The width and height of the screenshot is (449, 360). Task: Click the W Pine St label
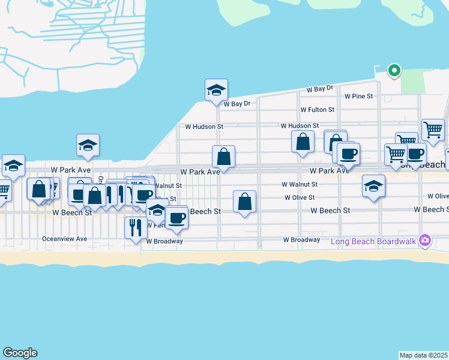coord(358,96)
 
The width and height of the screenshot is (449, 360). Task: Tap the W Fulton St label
coord(317,110)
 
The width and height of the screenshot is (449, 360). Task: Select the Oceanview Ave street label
coord(64,239)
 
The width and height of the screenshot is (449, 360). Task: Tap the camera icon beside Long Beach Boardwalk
coord(425,240)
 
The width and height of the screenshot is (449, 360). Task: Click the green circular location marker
coord(394,71)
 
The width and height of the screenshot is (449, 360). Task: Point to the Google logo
coord(20,353)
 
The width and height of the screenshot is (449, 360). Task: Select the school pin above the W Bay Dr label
coord(216,90)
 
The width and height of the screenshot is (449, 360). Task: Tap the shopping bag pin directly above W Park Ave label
coord(223,157)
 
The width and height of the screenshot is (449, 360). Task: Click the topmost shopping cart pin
coord(432,128)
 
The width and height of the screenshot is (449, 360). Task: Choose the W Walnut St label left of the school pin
coord(300,185)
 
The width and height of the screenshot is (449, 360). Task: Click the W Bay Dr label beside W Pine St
coord(319,89)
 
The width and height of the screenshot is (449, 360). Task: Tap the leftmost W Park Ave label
coord(70,170)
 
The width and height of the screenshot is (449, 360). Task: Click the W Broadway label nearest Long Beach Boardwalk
coord(301,240)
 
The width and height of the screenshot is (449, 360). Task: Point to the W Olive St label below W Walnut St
coord(301,197)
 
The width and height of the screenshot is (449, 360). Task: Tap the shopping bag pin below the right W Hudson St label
coord(303,143)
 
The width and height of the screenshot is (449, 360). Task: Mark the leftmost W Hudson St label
coord(204,127)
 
